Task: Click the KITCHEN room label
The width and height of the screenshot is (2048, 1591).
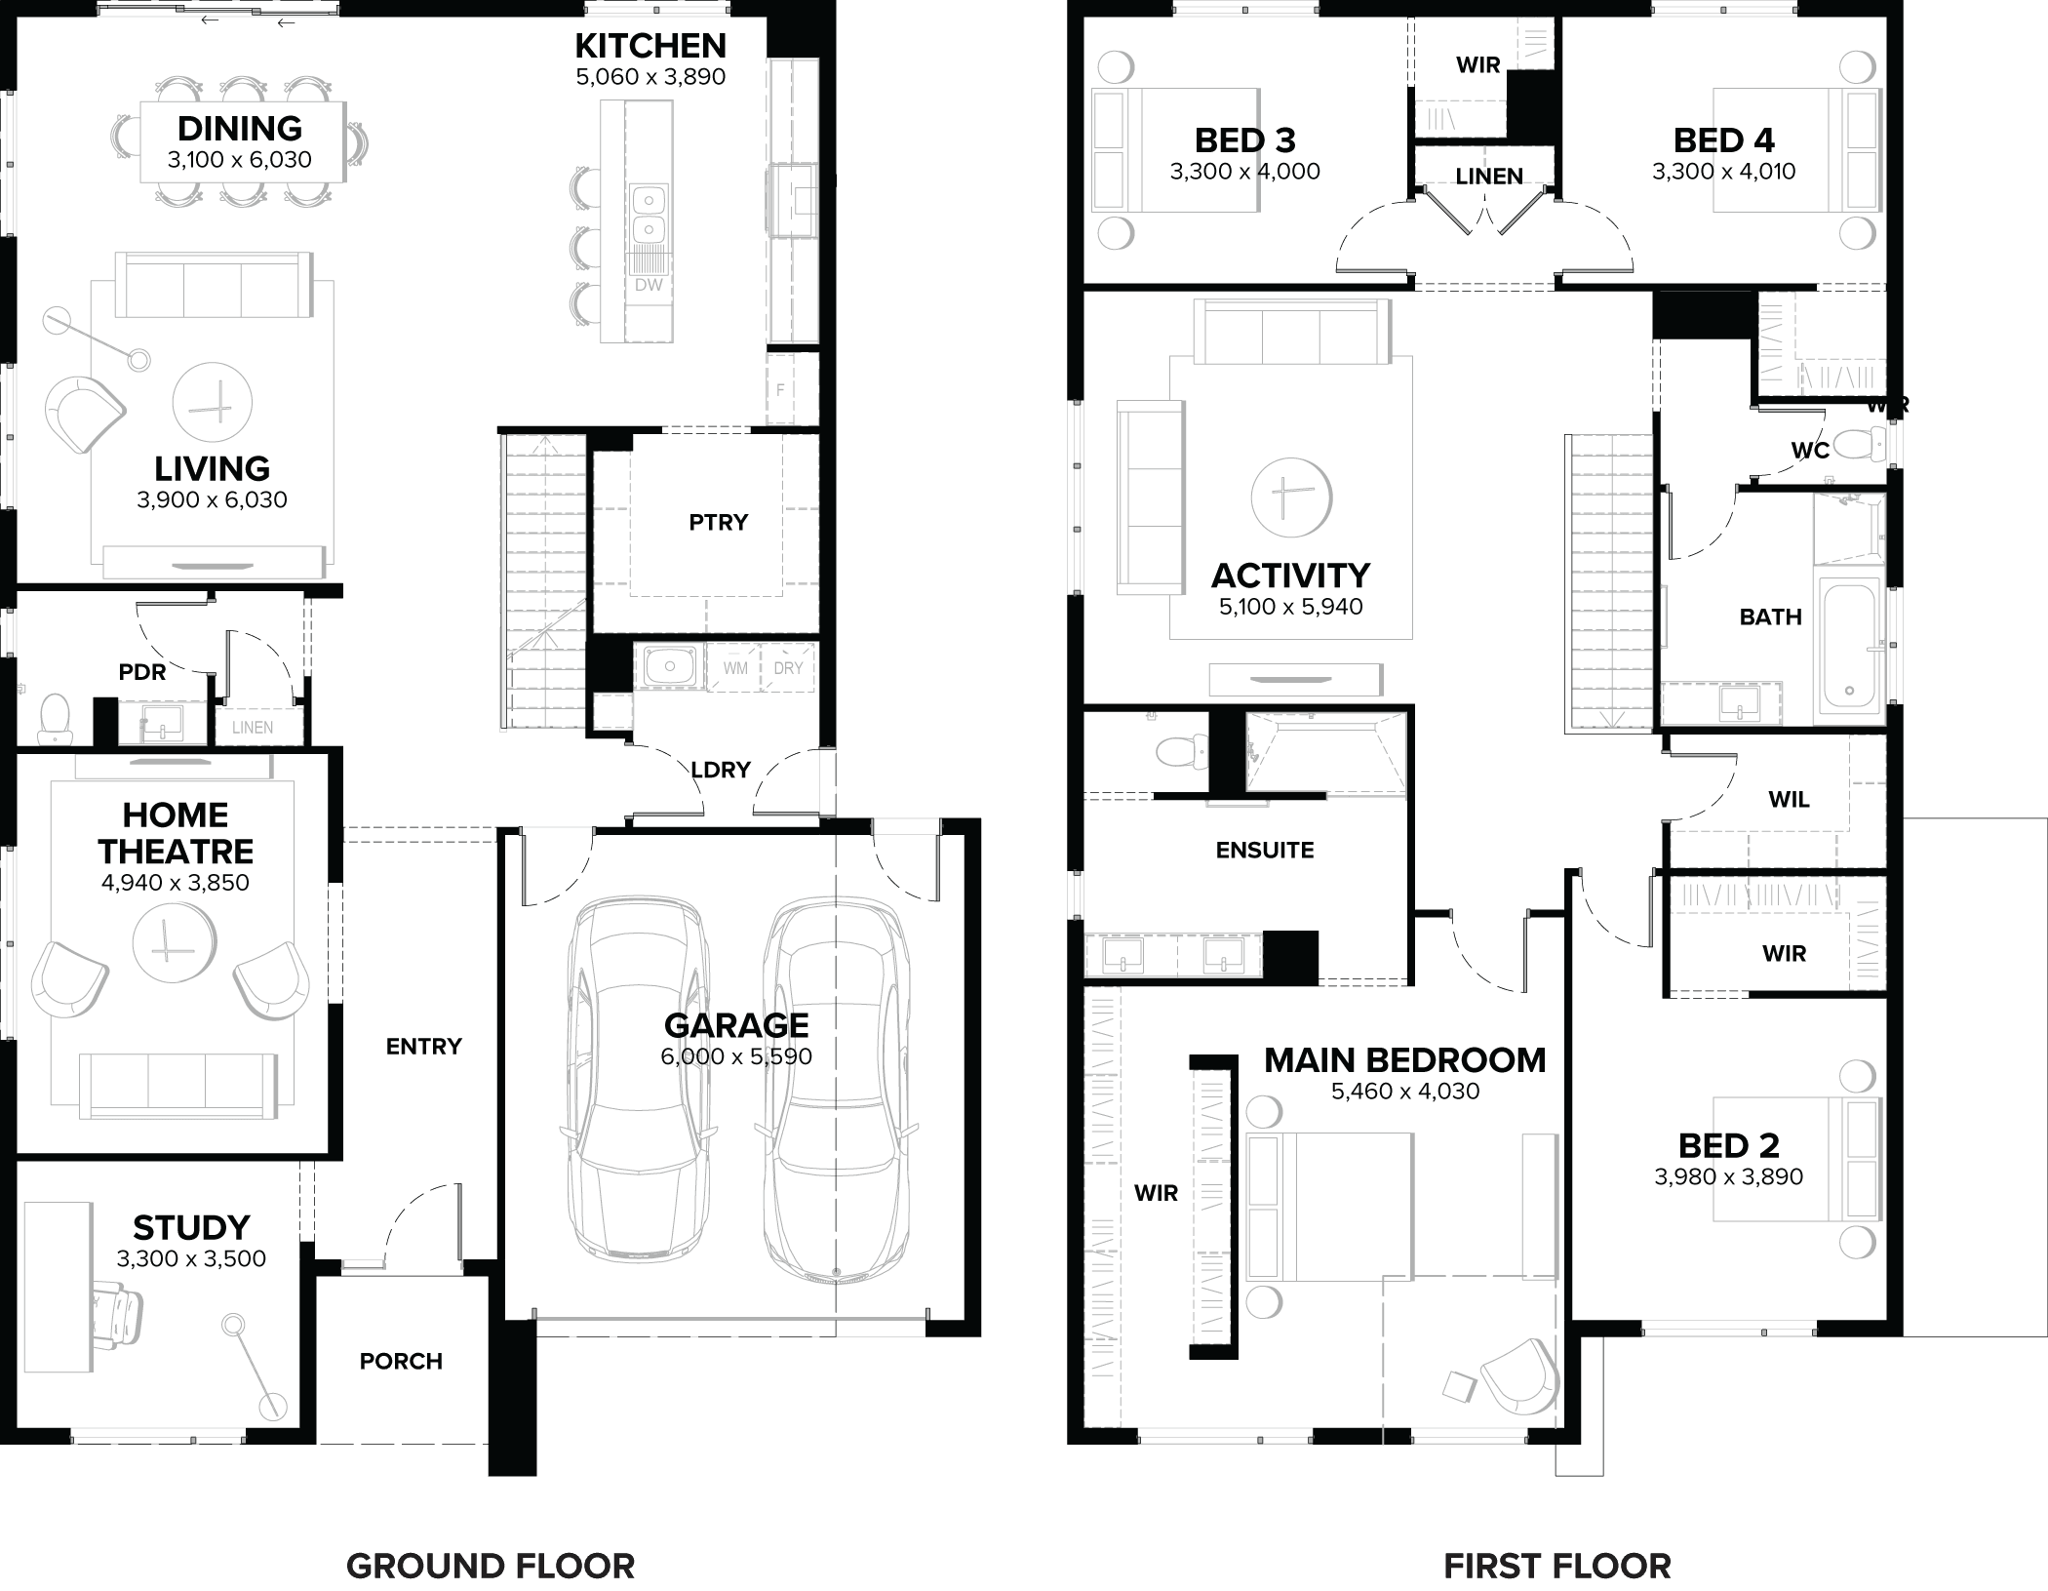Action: (650, 46)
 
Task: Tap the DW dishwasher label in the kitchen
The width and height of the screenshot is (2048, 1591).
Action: (649, 285)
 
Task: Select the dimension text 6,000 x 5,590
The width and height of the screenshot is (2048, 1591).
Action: (736, 1056)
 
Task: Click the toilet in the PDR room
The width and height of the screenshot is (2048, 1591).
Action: (54, 718)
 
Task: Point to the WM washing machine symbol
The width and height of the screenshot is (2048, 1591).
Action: (735, 668)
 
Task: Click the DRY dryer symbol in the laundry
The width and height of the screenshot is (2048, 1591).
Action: (788, 668)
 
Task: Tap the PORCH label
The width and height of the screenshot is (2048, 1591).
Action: (401, 1361)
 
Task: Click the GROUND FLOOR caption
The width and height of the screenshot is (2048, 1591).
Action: (491, 1567)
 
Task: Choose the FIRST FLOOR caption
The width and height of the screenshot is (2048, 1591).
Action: (1556, 1567)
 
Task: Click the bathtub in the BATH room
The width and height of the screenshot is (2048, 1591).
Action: (1849, 646)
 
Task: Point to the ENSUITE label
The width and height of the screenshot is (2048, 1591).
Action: (1264, 850)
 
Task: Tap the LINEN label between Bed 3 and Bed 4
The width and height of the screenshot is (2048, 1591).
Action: (1488, 177)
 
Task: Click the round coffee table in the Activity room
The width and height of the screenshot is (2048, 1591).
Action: (1290, 497)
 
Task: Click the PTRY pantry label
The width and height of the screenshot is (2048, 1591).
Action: (718, 522)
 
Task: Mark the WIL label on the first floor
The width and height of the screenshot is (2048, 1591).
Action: (1789, 800)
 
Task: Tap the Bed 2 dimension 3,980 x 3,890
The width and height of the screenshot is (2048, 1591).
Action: (1728, 1176)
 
